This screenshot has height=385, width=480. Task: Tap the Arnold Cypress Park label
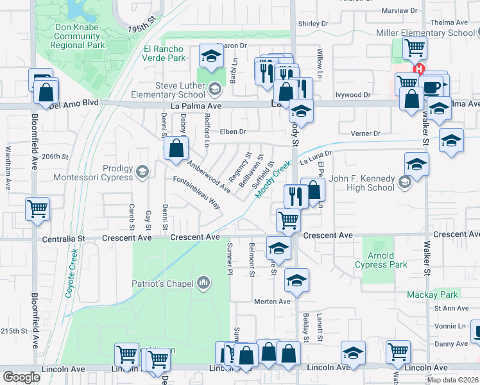(x=381, y=260)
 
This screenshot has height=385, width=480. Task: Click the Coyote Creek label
(x=72, y=273)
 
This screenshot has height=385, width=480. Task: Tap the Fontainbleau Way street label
(x=197, y=193)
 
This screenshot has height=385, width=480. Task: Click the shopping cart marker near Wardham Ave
(x=38, y=209)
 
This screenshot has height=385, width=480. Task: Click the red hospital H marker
(x=419, y=69)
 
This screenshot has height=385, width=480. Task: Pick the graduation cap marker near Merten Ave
(x=296, y=280)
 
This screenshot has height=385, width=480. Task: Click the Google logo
(x=21, y=377)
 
